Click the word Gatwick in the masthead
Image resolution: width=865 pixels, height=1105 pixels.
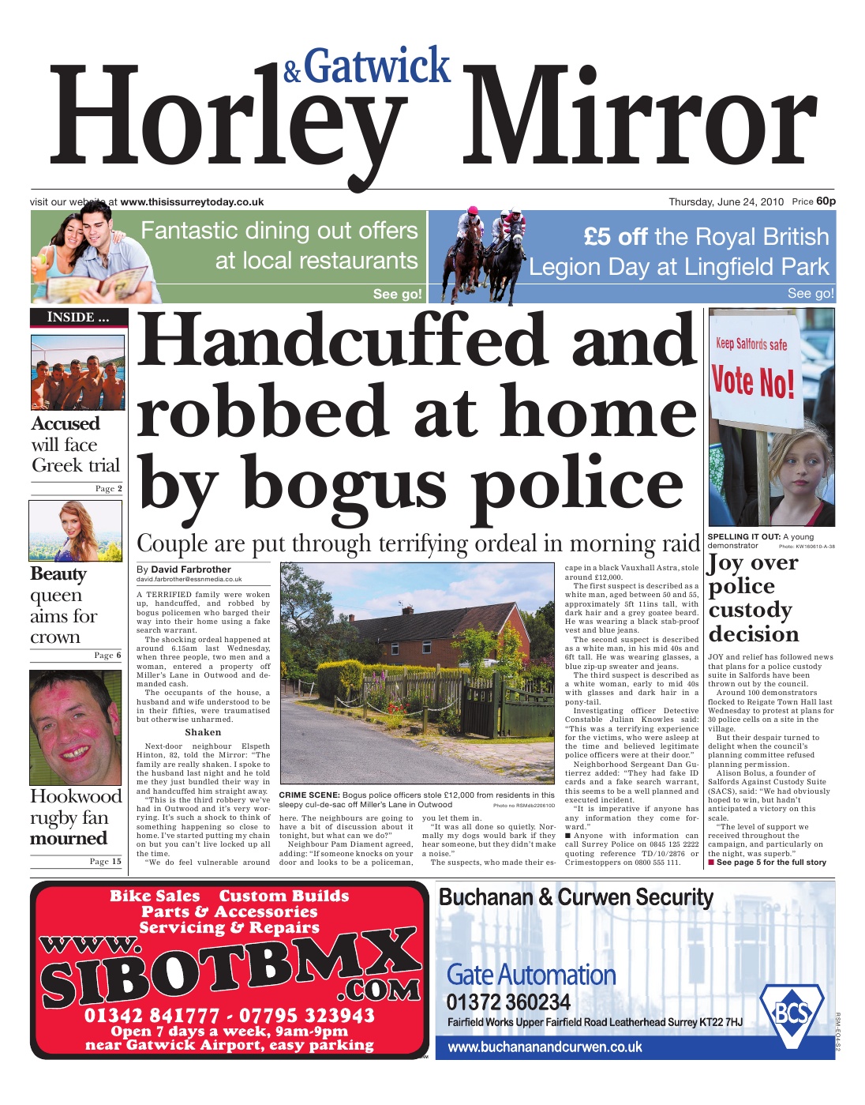click(377, 66)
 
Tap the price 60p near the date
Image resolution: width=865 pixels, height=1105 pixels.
click(826, 201)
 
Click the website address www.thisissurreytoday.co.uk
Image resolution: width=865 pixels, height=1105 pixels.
click(192, 202)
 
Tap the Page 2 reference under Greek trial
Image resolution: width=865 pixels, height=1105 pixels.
click(108, 489)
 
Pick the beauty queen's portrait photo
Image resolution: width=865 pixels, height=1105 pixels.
click(76, 531)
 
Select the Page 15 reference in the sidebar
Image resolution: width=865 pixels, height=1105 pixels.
click(105, 862)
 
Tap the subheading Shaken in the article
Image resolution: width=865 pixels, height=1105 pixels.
click(203, 732)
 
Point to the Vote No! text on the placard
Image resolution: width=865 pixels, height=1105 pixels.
click(753, 381)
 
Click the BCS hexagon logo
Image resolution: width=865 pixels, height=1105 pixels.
click(791, 1013)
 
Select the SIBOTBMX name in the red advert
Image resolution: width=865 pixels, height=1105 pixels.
click(229, 977)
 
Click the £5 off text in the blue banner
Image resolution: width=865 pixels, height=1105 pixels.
click(616, 237)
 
